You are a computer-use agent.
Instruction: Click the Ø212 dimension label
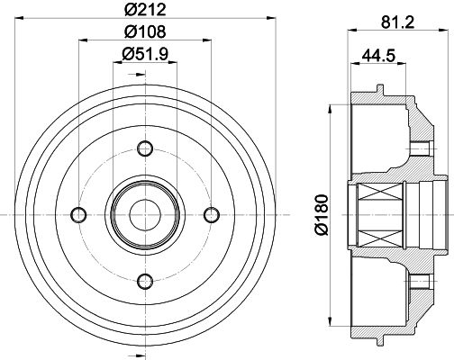pos(145,9)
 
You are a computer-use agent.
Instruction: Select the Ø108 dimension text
pos(145,31)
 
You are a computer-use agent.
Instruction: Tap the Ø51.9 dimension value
pos(145,54)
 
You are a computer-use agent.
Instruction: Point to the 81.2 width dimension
pos(397,22)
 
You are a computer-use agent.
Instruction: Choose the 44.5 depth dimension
pos(378,55)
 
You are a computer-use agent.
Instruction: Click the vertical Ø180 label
pos(321,215)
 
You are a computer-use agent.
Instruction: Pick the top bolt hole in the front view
pos(145,148)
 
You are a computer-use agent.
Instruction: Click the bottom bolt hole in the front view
pos(145,282)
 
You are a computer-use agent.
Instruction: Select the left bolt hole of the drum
pos(78,215)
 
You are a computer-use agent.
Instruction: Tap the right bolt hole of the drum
pos(212,215)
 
